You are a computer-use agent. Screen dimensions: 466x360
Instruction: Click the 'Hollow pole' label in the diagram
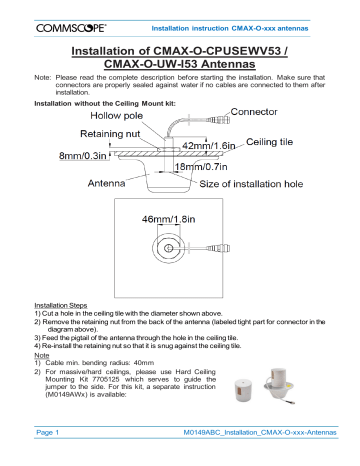tap(113, 117)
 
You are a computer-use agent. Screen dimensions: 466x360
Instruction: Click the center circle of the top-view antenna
tap(180, 249)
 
